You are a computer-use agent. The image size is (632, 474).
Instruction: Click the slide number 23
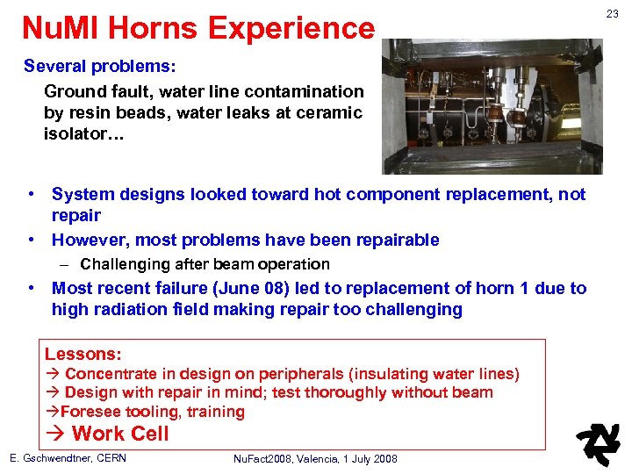[x=613, y=13]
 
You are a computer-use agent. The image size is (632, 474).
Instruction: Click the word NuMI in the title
[x=58, y=29]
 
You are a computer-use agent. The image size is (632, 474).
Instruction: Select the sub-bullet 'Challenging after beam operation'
[x=205, y=264]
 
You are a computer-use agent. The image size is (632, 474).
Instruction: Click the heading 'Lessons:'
[x=83, y=355]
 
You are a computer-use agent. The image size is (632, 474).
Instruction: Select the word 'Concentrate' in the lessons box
[x=111, y=375]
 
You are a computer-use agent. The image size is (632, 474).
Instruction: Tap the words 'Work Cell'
[x=120, y=433]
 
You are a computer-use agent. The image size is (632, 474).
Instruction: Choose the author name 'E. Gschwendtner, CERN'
[x=68, y=458]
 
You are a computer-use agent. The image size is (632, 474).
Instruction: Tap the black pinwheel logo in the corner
[x=597, y=444]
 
